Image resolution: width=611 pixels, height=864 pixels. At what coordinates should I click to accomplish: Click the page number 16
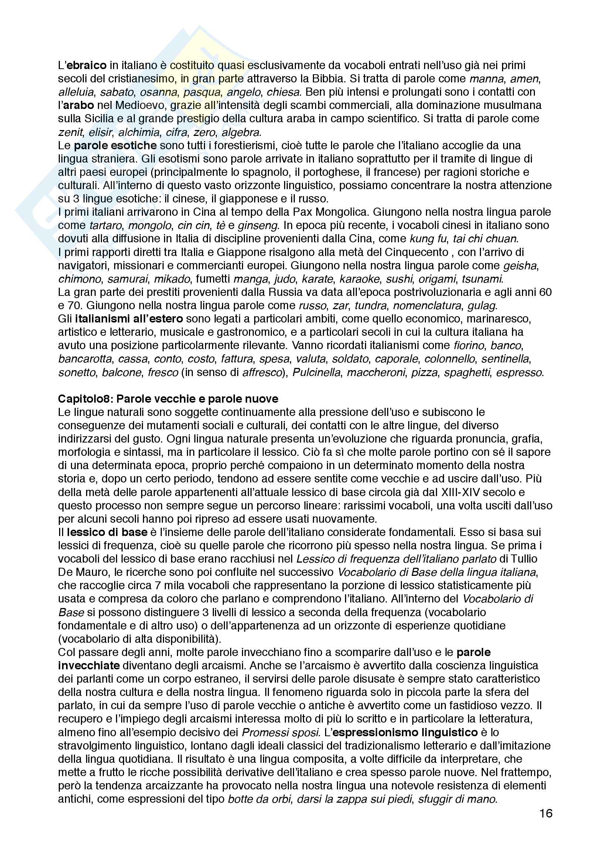546,813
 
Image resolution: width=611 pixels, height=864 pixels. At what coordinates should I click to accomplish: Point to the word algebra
241,132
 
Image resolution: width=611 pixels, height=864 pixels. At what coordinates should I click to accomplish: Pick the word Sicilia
99,119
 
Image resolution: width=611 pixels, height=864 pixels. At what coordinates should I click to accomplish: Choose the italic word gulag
482,305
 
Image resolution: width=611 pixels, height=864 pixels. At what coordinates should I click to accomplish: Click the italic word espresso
520,373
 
